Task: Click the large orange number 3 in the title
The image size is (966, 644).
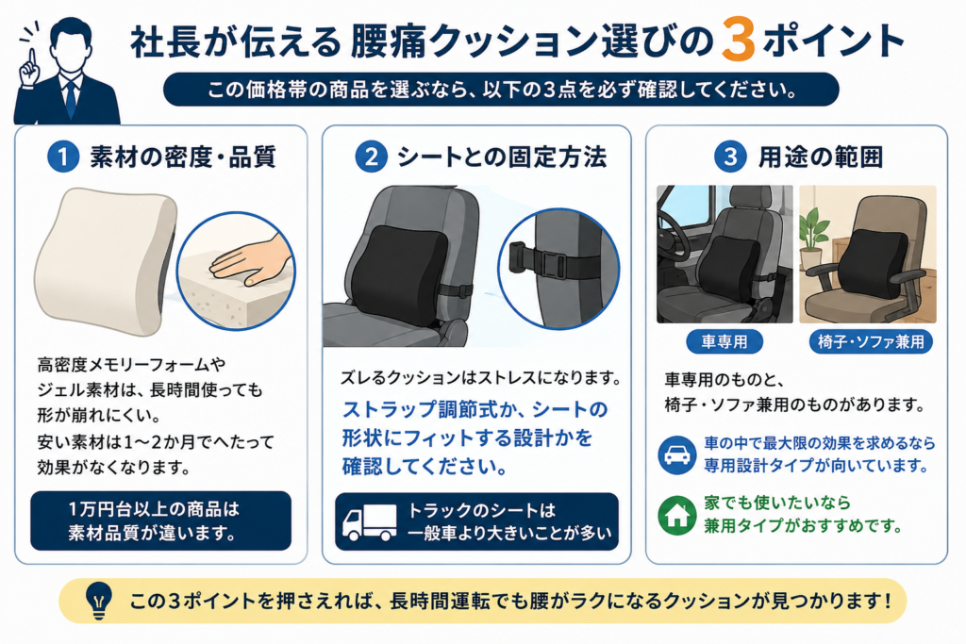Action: point(738,39)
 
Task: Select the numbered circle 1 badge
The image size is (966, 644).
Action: point(63,157)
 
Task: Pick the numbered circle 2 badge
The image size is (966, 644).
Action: point(371,157)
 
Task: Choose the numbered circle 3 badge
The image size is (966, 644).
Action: point(730,157)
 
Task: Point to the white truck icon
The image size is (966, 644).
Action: point(369,522)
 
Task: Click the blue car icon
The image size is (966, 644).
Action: point(676,455)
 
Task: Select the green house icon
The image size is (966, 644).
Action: point(676,516)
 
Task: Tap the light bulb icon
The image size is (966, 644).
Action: point(98,601)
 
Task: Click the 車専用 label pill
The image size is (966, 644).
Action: point(724,341)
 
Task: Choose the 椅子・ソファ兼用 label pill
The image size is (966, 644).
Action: point(871,341)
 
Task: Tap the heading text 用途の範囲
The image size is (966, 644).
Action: point(821,157)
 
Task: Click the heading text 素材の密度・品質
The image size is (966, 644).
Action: point(183,157)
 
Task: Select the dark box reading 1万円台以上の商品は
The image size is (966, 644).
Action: point(160,520)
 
